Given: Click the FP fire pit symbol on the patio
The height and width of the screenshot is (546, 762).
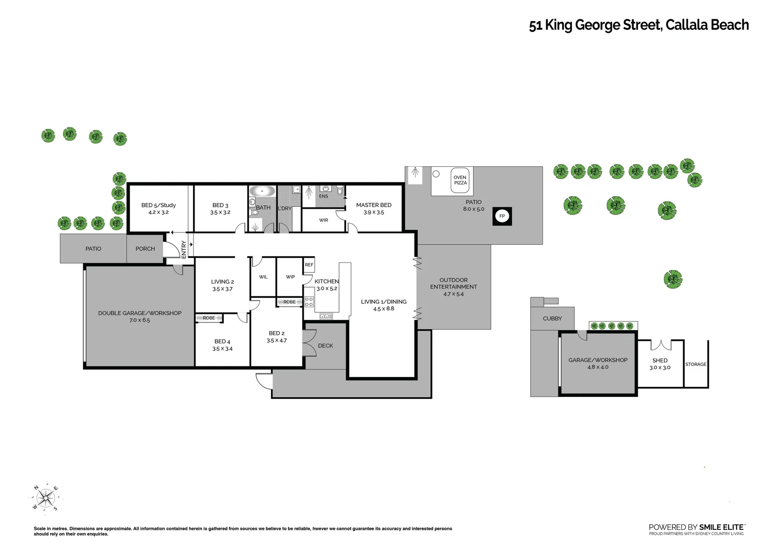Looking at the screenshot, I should [502, 216].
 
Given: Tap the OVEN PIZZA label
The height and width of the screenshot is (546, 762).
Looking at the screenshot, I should [460, 180].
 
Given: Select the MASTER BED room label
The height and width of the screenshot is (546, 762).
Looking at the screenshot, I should [373, 205].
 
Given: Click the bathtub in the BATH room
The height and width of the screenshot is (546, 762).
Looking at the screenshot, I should [262, 191].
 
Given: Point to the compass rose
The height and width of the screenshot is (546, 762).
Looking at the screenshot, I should [45, 498].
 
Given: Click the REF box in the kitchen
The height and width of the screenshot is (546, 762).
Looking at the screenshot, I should [309, 265].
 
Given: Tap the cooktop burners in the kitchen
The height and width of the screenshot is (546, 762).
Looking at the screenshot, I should [309, 302].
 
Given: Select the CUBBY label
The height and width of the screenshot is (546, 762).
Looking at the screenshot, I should [552, 318].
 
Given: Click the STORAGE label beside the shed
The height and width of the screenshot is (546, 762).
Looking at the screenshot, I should [696, 364].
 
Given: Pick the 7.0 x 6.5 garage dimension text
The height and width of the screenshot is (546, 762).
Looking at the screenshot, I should [139, 321].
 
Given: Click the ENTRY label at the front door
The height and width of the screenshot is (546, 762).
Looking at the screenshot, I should [184, 249].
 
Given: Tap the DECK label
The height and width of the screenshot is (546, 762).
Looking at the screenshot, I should [325, 346].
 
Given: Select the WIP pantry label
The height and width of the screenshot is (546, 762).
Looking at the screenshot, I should [290, 277].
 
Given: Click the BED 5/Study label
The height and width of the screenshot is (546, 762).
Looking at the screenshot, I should [159, 205].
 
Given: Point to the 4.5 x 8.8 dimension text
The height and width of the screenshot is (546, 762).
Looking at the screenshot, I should [384, 309].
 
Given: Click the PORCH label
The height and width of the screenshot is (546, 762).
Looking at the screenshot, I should [145, 249].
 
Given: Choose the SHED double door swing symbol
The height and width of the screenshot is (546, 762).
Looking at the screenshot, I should [660, 345].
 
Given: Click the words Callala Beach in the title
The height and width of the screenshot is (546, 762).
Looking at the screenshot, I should [707, 25].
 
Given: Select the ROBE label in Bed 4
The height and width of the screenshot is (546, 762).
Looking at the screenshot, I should [209, 318].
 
